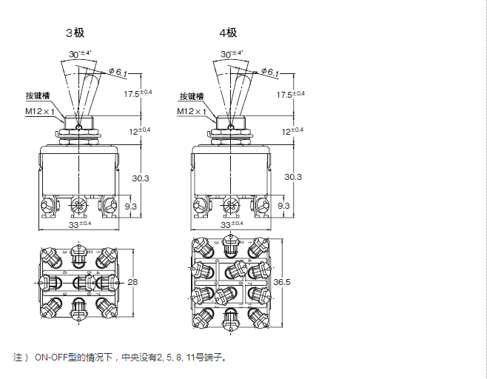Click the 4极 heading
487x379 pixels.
pos(227,33)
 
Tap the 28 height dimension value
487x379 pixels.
pos(133,283)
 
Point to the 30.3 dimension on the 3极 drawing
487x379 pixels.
pos(141,178)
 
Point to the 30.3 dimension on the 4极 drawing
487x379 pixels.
pos(293,178)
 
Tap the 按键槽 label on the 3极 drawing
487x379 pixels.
pos(38,97)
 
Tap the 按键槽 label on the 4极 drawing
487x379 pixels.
pos(191,97)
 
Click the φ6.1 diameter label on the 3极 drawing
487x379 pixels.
pos(118,72)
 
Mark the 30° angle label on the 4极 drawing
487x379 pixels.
pos(231,54)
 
